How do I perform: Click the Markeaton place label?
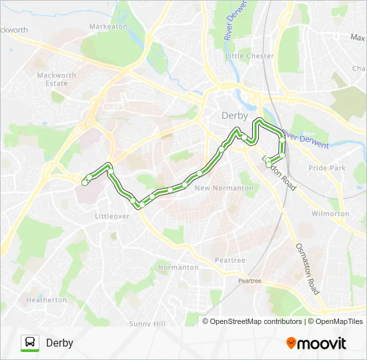pyautogui.click(x=108, y=27)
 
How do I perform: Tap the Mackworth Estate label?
pyautogui.click(x=57, y=79)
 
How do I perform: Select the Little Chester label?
pyautogui.click(x=250, y=56)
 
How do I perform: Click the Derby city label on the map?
pyautogui.click(x=234, y=115)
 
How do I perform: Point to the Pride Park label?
pyautogui.click(x=327, y=168)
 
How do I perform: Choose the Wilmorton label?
pyautogui.click(x=330, y=214)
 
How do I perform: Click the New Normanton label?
pyautogui.click(x=224, y=188)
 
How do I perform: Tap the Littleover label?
pyautogui.click(x=111, y=217)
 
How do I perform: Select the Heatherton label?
pyautogui.click(x=47, y=300)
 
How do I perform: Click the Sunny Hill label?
pyautogui.click(x=147, y=323)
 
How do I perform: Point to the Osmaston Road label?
pyautogui.click(x=308, y=269)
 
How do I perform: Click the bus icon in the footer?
pyautogui.click(x=30, y=343)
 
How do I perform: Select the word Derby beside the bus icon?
pyautogui.click(x=59, y=343)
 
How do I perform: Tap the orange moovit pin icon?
pyautogui.click(x=291, y=343)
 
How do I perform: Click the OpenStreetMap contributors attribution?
pyautogui.click(x=255, y=321)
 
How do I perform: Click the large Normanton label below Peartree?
pyautogui.click(x=178, y=267)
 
